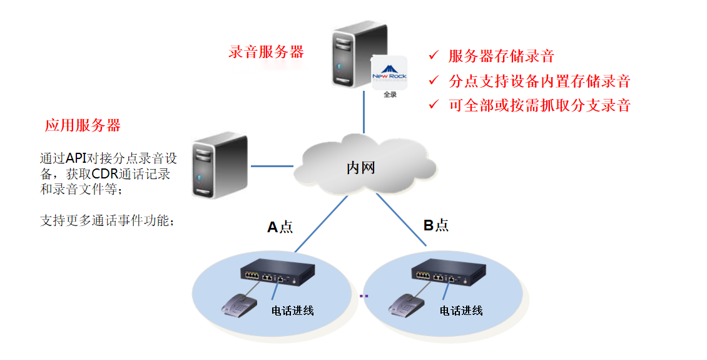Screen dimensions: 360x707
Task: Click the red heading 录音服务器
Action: [266, 52]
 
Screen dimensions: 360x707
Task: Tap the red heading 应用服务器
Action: [83, 125]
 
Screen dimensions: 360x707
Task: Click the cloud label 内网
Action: [361, 167]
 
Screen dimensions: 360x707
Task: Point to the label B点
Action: [436, 225]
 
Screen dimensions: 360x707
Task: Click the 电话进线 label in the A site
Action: [292, 311]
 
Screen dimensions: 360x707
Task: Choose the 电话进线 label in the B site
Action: [461, 311]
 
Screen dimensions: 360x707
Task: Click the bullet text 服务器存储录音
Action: [501, 56]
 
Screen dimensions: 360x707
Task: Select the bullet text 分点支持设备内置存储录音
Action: [539, 81]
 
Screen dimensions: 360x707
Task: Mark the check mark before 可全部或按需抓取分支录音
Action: [434, 105]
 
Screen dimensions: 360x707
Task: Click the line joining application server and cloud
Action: [272, 167]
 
